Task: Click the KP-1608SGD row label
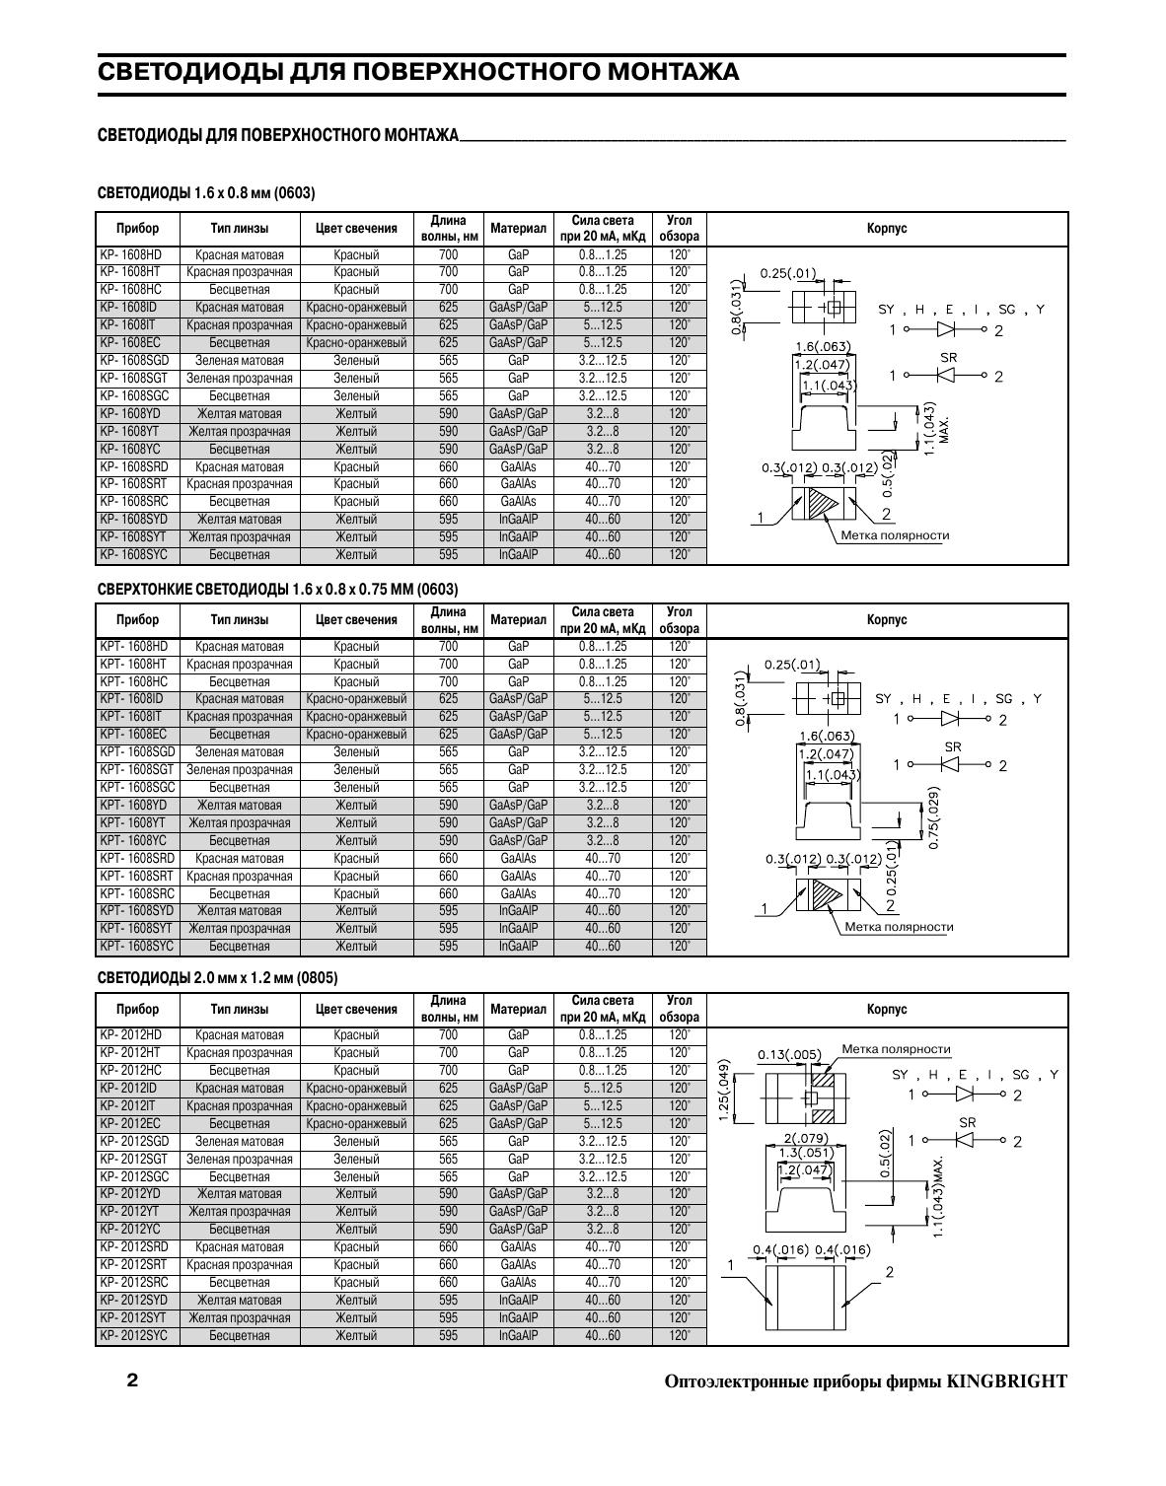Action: pyautogui.click(x=134, y=361)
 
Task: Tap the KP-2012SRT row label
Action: pyautogui.click(x=133, y=1265)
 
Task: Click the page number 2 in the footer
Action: pyautogui.click(x=132, y=1380)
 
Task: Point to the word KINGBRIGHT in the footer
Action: pyautogui.click(x=1007, y=1381)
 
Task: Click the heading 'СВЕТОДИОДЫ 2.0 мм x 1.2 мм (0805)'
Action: pyautogui.click(x=217, y=978)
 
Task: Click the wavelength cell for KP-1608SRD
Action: pyautogui.click(x=448, y=466)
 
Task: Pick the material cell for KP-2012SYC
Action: pyautogui.click(x=518, y=1336)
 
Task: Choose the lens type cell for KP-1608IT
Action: pyautogui.click(x=240, y=325)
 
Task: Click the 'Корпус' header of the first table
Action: pyautogui.click(x=887, y=229)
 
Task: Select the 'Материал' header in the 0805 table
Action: pyautogui.click(x=518, y=1010)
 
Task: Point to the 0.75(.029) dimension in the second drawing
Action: pyautogui.click(x=933, y=816)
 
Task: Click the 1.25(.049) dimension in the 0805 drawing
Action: pyautogui.click(x=724, y=1090)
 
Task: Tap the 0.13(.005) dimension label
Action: pyautogui.click(x=788, y=1055)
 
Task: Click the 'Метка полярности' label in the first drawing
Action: pyautogui.click(x=895, y=536)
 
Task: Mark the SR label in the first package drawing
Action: pyautogui.click(x=948, y=357)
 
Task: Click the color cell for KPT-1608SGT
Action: pyautogui.click(x=356, y=770)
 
